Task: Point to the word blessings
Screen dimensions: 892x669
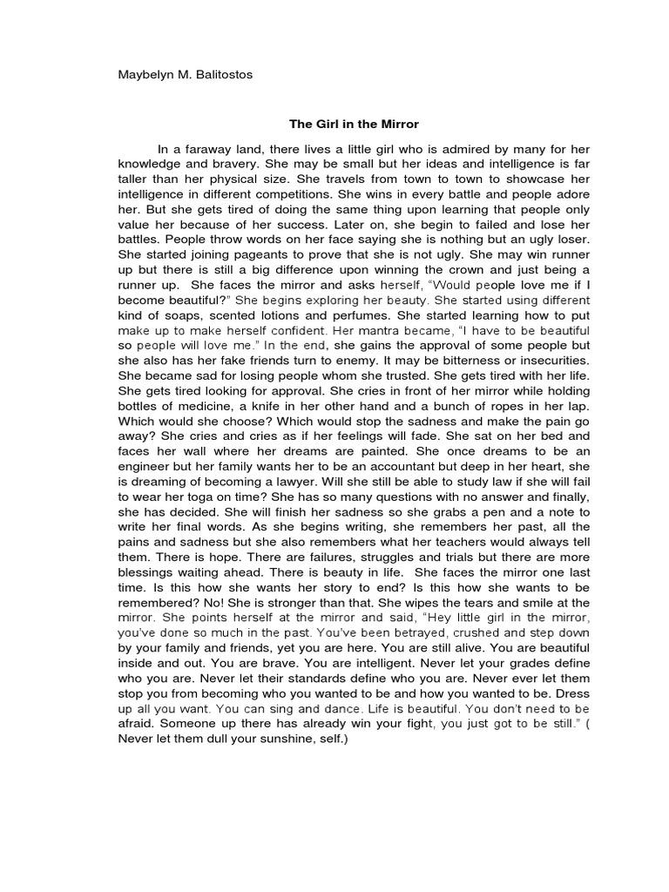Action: (149, 571)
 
